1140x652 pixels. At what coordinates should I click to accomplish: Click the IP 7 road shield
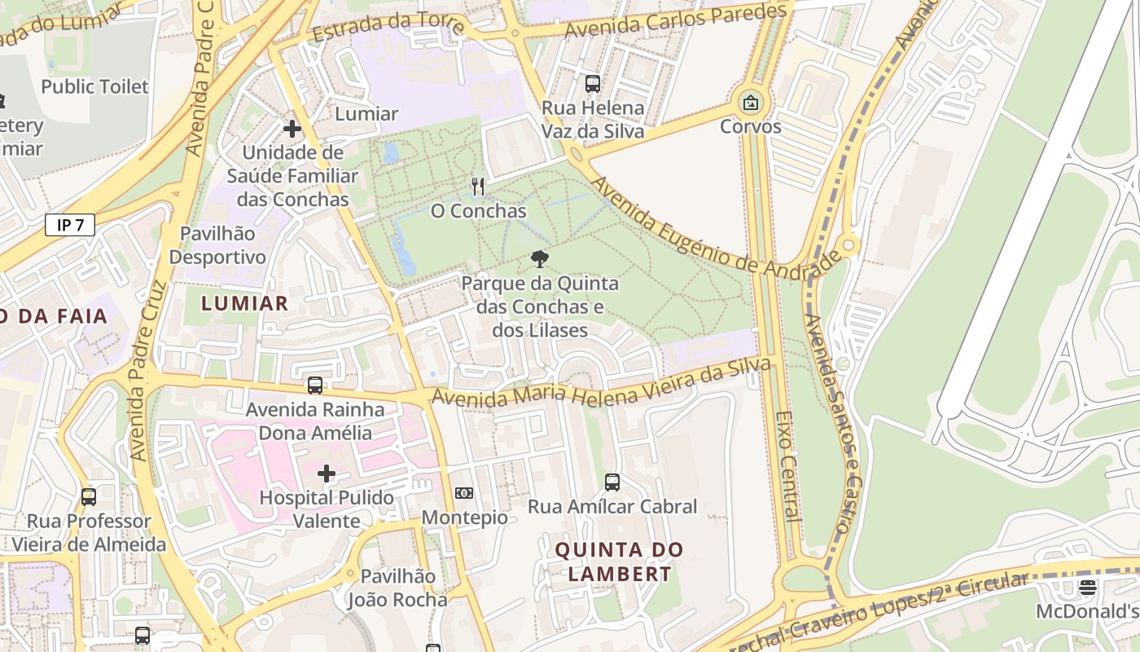click(70, 226)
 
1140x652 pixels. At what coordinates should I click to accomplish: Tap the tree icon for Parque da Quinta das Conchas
click(539, 260)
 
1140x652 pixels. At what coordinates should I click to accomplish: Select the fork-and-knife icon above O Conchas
click(478, 187)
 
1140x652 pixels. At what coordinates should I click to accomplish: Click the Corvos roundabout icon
click(750, 104)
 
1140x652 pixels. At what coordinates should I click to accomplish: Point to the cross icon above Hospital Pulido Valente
click(327, 474)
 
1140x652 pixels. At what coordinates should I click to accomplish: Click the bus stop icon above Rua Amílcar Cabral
click(612, 482)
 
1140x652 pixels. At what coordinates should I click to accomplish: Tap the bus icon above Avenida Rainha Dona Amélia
click(315, 385)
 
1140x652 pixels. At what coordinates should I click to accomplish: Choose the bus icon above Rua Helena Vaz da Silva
click(593, 83)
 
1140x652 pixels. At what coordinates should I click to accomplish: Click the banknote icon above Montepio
click(464, 493)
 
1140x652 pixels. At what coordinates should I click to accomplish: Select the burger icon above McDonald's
click(1088, 587)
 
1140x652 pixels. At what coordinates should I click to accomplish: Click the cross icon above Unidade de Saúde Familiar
click(292, 129)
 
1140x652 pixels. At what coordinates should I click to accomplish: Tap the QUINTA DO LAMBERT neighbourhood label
click(620, 562)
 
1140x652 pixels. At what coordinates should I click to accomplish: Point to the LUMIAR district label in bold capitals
click(244, 304)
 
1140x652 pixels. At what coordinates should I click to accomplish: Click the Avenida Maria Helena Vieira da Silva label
click(601, 386)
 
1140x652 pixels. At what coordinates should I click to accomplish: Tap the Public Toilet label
click(95, 86)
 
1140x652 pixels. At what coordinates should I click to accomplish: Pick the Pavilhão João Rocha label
click(397, 588)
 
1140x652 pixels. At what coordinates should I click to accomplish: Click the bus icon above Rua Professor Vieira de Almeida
click(89, 496)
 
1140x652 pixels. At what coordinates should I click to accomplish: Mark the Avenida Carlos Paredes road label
click(677, 20)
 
